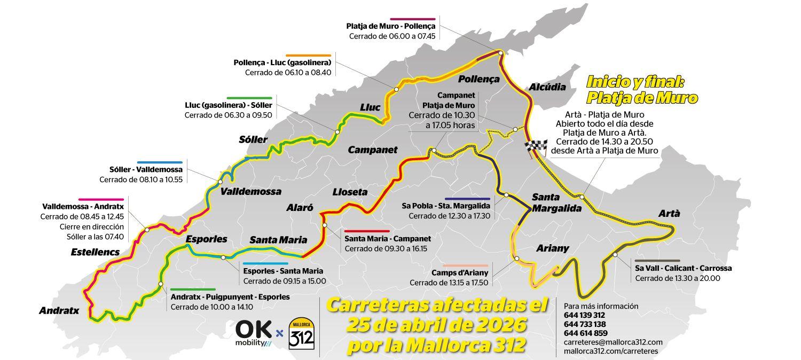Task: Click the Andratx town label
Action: click(x=59, y=310)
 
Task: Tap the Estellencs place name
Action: click(x=95, y=252)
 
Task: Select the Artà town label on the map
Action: click(x=669, y=214)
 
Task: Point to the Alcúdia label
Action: click(x=547, y=87)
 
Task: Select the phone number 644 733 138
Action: click(x=585, y=324)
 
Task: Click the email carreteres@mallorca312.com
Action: click(x=613, y=342)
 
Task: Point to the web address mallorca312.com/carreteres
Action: click(x=611, y=351)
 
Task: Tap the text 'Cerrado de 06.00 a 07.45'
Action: click(x=392, y=36)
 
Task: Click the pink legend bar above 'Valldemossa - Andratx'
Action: click(x=101, y=199)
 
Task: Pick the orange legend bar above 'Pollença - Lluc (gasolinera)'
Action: click(x=308, y=56)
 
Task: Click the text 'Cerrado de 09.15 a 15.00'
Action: click(x=284, y=281)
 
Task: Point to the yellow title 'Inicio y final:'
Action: click(x=635, y=82)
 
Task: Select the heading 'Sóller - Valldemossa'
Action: click(x=146, y=170)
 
